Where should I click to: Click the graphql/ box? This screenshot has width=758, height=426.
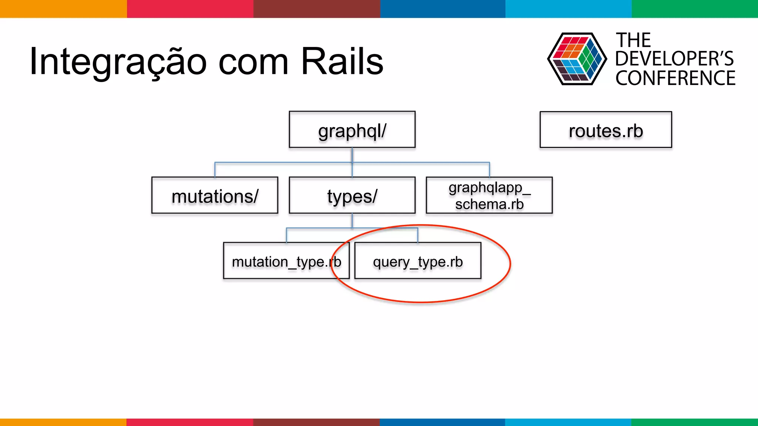(x=352, y=129)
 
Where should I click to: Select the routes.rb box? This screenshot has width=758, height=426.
(x=606, y=130)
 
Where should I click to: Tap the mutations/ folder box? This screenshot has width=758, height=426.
(x=215, y=195)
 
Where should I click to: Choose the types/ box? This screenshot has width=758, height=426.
(x=352, y=195)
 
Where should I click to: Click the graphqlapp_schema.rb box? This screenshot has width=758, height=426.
(x=489, y=195)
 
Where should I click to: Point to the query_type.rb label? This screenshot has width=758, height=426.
(x=418, y=262)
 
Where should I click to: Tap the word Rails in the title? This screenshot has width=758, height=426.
(x=342, y=61)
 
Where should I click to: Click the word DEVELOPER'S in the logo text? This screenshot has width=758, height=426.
(x=674, y=59)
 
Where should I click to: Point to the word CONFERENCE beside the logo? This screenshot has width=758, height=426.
(x=675, y=78)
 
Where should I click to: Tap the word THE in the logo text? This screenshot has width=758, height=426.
(x=633, y=40)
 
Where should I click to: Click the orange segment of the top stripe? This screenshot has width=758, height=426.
(x=63, y=9)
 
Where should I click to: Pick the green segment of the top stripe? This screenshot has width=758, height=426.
(x=694, y=9)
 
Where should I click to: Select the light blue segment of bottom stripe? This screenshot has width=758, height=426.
(x=568, y=422)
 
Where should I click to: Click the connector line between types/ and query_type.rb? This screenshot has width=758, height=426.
(x=385, y=228)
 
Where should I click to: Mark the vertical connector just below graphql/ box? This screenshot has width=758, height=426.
(x=352, y=155)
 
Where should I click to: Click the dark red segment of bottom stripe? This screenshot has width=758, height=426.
(x=316, y=422)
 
